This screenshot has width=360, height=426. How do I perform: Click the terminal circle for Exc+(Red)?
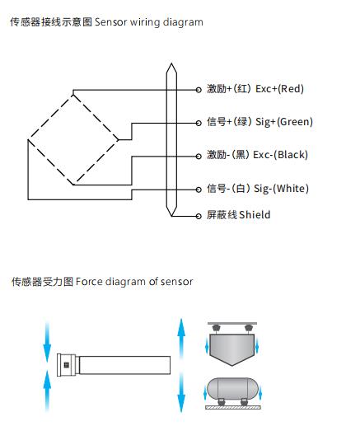(x=199, y=90)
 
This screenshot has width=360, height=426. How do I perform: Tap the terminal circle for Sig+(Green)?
(x=199, y=123)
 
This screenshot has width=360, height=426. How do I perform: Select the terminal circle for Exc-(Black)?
(x=199, y=157)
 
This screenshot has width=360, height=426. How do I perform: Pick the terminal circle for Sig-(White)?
(x=199, y=190)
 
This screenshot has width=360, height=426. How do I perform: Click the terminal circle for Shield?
(x=199, y=216)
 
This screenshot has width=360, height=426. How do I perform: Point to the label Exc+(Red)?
(x=279, y=89)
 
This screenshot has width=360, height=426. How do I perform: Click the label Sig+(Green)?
(x=284, y=122)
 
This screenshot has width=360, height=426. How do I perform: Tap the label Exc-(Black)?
(x=280, y=155)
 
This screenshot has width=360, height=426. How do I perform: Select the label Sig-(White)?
(x=281, y=189)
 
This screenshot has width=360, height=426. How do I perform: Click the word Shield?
(x=255, y=214)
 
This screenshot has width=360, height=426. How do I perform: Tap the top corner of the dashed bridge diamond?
(x=72, y=95)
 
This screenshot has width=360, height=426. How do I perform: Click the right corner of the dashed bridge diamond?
(x=118, y=140)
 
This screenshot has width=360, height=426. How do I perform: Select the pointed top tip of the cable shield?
(x=171, y=63)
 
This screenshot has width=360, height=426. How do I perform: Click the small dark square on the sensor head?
(x=66, y=365)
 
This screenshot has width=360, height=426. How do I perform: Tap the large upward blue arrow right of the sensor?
(x=181, y=339)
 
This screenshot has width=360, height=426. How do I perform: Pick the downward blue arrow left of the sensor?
(x=47, y=341)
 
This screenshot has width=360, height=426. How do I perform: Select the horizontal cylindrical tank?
(x=232, y=389)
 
